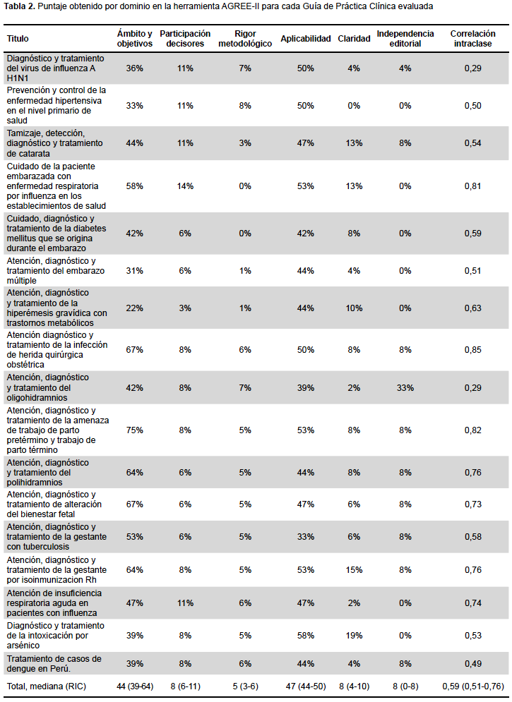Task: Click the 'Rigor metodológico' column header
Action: click(x=245, y=39)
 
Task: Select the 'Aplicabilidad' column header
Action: click(x=306, y=39)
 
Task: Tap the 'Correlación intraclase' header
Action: click(x=472, y=39)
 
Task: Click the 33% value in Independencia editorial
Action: click(x=405, y=388)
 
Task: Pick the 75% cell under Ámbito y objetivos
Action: click(x=134, y=430)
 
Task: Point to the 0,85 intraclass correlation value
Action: click(x=472, y=350)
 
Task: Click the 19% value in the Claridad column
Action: click(x=354, y=635)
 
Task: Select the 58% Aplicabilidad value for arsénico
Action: click(x=306, y=635)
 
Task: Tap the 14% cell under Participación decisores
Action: click(x=185, y=186)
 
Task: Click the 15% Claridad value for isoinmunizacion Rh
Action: click(x=354, y=570)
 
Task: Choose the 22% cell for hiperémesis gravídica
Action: click(x=134, y=308)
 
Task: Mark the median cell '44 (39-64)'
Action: click(x=135, y=686)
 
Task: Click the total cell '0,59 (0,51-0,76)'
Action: click(x=472, y=686)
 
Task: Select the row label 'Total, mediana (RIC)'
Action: click(x=46, y=686)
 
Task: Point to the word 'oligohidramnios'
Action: click(x=37, y=398)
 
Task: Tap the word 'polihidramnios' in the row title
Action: click(x=35, y=483)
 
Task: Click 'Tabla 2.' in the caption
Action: click(x=19, y=6)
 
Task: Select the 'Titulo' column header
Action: click(x=18, y=39)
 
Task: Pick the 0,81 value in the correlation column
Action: click(x=472, y=186)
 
